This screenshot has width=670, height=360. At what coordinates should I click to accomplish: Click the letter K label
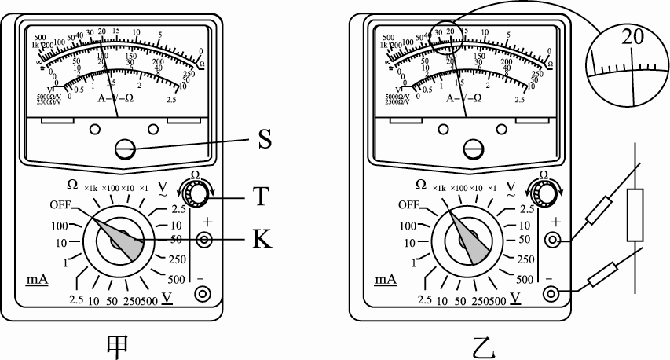coord(264,240)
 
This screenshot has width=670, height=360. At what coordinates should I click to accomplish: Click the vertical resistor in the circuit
coord(635,215)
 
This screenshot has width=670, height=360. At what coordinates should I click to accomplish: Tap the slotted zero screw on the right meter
coord(473,147)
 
